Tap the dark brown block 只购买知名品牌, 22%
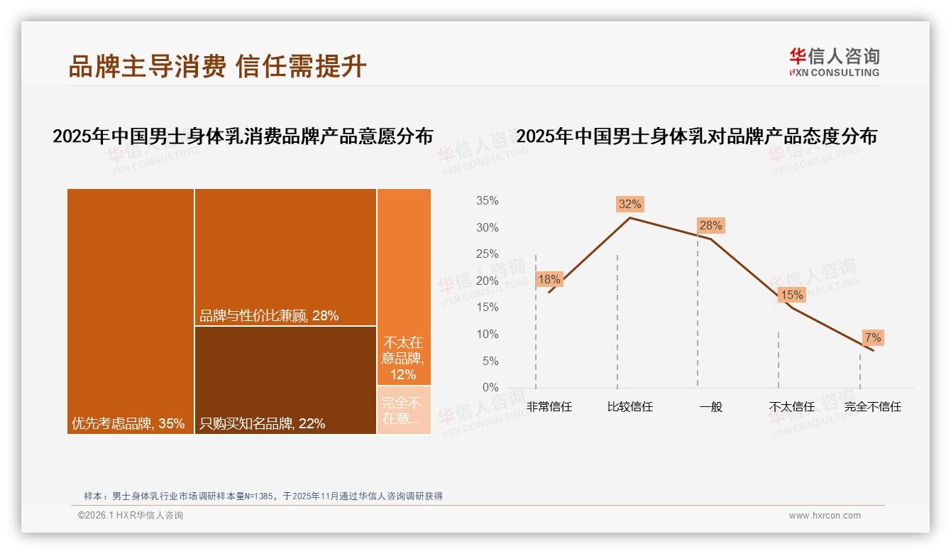pyautogui.click(x=285, y=380)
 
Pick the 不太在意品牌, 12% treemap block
pyautogui.click(x=404, y=287)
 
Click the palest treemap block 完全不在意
pyautogui.click(x=404, y=410)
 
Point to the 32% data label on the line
pyautogui.click(x=630, y=205)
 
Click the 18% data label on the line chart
pyautogui.click(x=549, y=280)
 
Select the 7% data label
pyautogui.click(x=872, y=337)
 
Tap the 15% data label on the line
pyautogui.click(x=791, y=295)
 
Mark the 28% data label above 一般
pyautogui.click(x=710, y=226)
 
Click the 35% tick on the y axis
pyautogui.click(x=487, y=201)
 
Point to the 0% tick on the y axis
pyautogui.click(x=490, y=388)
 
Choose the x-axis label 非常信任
pyautogui.click(x=549, y=407)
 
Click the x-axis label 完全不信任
pyautogui.click(x=872, y=407)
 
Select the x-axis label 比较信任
pyautogui.click(x=630, y=407)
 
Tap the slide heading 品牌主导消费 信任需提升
pyautogui.click(x=217, y=66)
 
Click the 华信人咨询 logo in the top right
pyautogui.click(x=834, y=62)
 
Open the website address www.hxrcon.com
pyautogui.click(x=825, y=516)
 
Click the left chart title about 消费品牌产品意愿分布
pyautogui.click(x=243, y=136)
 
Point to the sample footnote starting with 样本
pyautogui.click(x=263, y=496)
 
